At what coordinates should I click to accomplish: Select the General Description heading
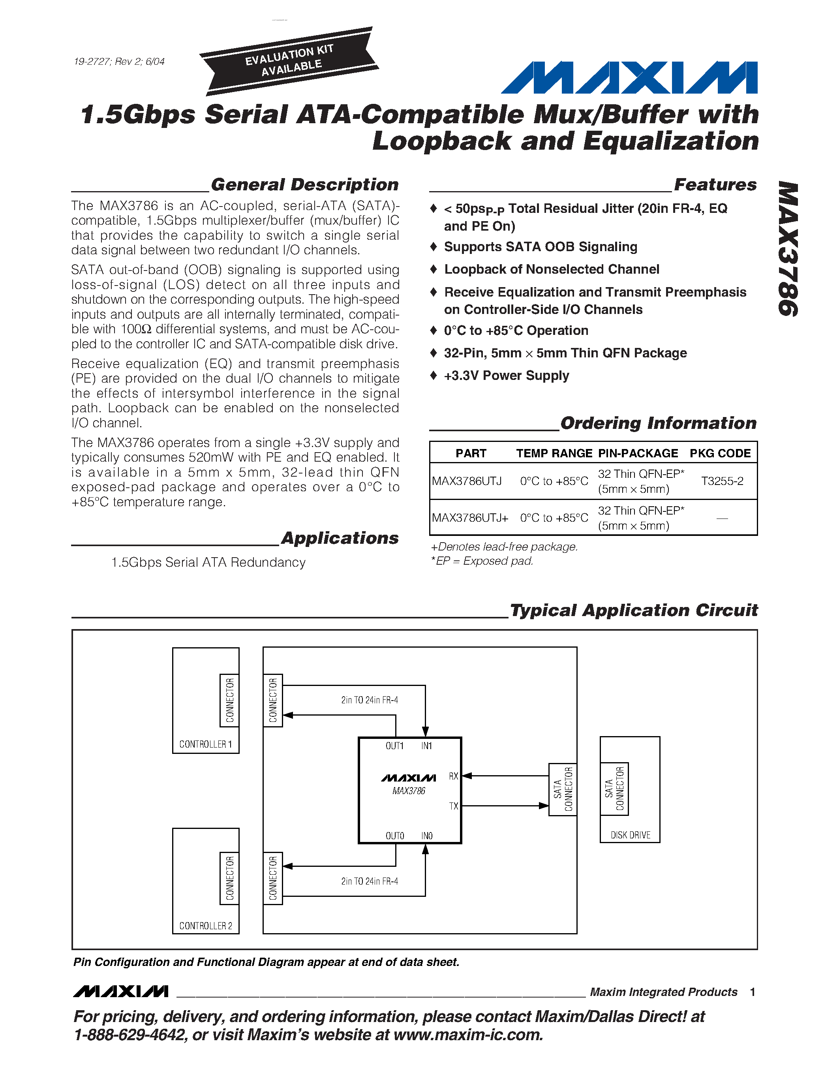[304, 184]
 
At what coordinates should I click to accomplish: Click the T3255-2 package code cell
[722, 481]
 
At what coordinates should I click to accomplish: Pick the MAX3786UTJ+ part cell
[470, 518]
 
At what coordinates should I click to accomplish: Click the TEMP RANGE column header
[554, 453]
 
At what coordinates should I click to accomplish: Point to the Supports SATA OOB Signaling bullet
[540, 247]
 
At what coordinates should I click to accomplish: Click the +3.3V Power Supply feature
[506, 376]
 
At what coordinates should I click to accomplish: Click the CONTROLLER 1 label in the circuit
[205, 744]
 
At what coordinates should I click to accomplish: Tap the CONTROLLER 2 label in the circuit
[205, 926]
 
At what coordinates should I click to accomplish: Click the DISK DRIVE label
[630, 835]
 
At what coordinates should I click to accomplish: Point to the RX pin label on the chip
[453, 776]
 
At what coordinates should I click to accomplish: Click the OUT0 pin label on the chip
[395, 836]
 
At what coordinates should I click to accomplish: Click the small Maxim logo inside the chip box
[408, 778]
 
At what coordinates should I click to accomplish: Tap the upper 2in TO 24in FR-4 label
[369, 700]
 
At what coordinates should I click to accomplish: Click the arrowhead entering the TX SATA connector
[544, 806]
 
